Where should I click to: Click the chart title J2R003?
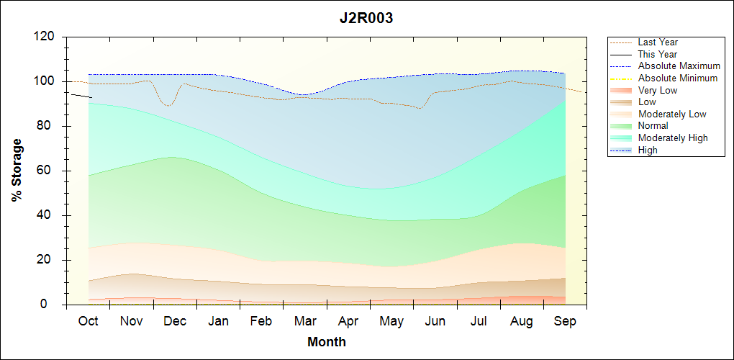pos(366,19)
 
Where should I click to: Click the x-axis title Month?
pos(326,342)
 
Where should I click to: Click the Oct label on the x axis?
pos(88,321)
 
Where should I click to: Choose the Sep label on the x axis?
pos(565,321)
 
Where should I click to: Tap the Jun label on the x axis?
pos(435,321)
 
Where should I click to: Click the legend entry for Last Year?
pos(658,42)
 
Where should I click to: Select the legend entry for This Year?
pos(658,54)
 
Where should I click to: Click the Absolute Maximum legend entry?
pos(679,66)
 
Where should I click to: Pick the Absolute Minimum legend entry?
pos(678,78)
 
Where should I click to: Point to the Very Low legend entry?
pos(658,90)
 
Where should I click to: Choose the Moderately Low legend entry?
pos(672,114)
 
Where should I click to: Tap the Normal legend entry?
pos(653,126)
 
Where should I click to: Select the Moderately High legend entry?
pos(673,138)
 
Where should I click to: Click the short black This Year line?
pos(81,95)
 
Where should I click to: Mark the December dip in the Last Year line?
pos(168,105)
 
